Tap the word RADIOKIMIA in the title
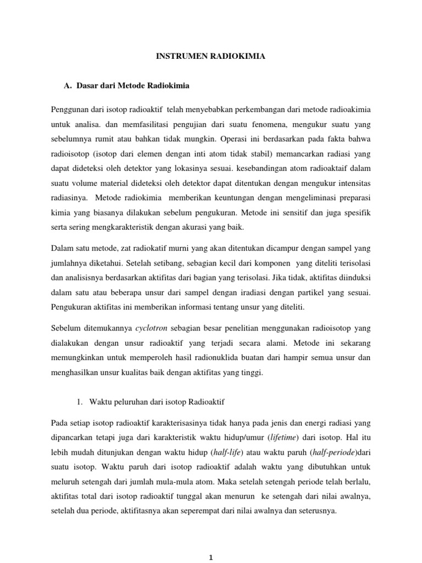click(x=236, y=56)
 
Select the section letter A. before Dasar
click(x=69, y=86)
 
